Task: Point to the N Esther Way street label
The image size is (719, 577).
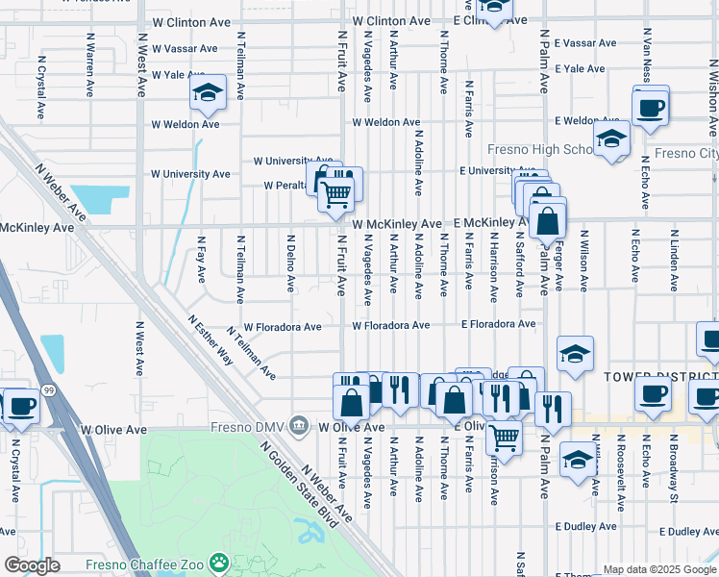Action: pyautogui.click(x=211, y=339)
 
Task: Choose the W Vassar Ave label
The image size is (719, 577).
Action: pyautogui.click(x=184, y=48)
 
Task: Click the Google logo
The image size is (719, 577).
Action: pyautogui.click(x=32, y=565)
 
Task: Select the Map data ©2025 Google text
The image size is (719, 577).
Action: pyautogui.click(x=659, y=569)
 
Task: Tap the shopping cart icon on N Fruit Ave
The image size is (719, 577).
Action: pyautogui.click(x=335, y=195)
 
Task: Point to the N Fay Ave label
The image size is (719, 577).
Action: pyautogui.click(x=201, y=261)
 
